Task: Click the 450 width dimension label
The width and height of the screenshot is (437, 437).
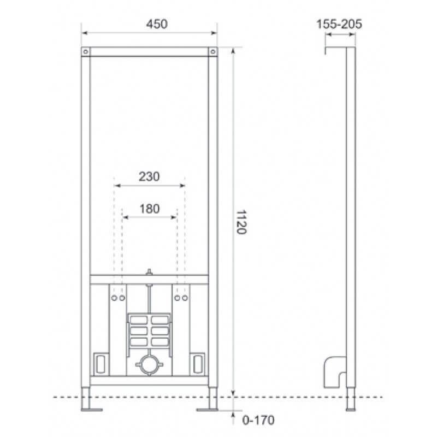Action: point(149,24)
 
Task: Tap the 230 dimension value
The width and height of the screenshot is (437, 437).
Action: point(149,177)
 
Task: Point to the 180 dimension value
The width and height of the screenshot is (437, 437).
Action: point(149,208)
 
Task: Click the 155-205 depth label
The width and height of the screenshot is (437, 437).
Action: point(339,24)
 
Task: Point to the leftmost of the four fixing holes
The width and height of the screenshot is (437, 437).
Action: point(114,298)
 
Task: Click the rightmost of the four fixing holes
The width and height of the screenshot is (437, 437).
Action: point(185,298)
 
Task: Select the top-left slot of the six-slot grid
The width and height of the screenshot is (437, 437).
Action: point(140,319)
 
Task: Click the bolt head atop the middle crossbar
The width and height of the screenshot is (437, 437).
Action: point(149,271)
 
